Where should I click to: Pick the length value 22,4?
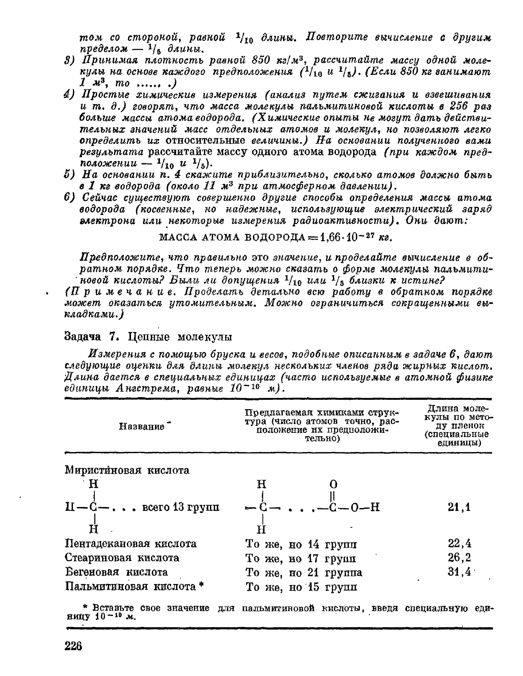(x=460, y=544)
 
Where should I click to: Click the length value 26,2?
(x=460, y=558)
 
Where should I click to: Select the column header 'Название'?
(x=142, y=427)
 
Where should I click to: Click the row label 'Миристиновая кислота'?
(x=127, y=470)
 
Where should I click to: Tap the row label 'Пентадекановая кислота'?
(x=131, y=544)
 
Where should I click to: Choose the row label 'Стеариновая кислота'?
(x=122, y=558)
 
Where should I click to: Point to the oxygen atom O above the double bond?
(x=334, y=484)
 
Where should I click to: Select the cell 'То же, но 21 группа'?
(x=304, y=572)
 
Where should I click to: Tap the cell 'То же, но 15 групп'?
(x=301, y=586)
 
